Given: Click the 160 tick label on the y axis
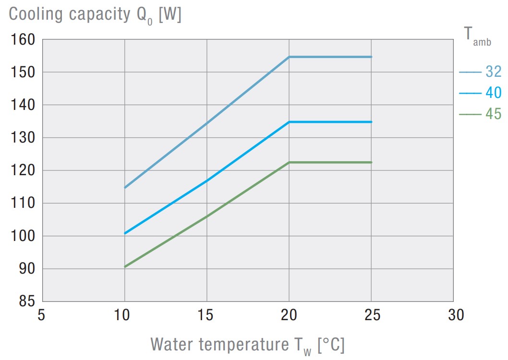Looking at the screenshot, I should point(23,40).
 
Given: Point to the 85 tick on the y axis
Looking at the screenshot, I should point(27,302).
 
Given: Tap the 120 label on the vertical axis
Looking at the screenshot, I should point(23,171).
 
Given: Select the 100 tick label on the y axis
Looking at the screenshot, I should point(23,237).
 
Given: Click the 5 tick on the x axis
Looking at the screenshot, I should point(41,315).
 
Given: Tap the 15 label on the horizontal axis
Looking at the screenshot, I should point(206,315).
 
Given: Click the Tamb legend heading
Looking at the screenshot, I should point(477,36).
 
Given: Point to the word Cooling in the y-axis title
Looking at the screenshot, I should point(36,14).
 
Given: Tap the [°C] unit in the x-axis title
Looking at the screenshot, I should point(331,345).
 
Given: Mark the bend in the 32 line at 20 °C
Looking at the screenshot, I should point(289,57).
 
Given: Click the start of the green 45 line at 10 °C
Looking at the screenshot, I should point(125,266).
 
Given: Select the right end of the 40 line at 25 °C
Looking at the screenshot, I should point(371,122).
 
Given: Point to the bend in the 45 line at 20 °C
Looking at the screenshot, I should point(289,162).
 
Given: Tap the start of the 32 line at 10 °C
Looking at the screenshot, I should point(125,187).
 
